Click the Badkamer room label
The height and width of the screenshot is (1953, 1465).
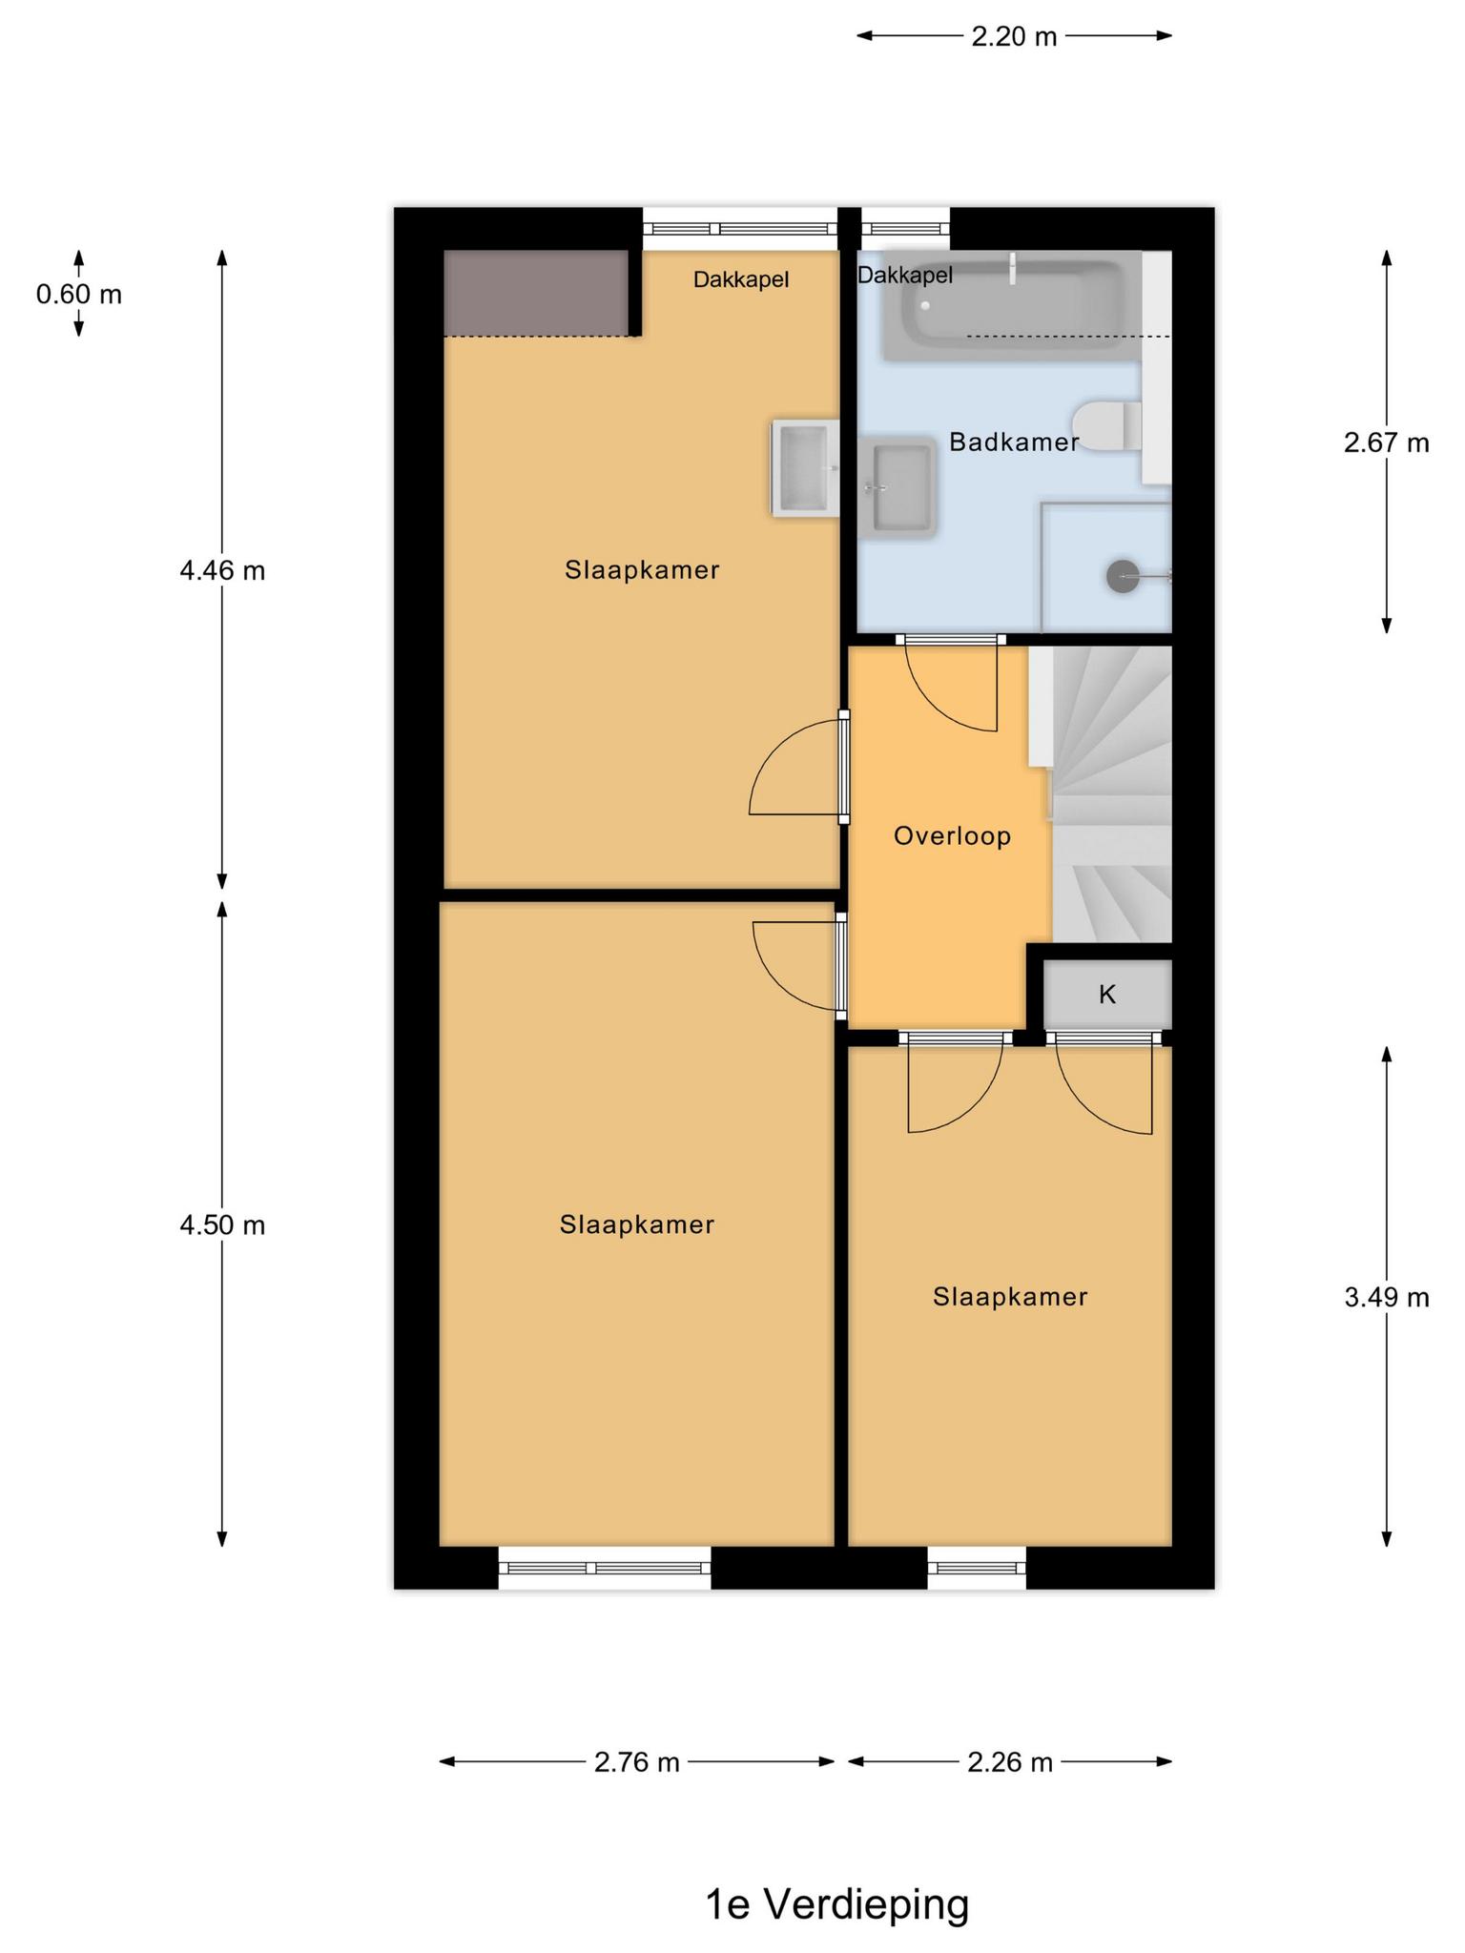(x=1014, y=442)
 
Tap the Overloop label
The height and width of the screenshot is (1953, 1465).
(x=952, y=836)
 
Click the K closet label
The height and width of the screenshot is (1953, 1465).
(x=1106, y=995)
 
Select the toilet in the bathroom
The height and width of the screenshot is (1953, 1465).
(x=1106, y=426)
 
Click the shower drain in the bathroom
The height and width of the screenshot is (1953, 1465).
(x=1123, y=576)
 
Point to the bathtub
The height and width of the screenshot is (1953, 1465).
(x=1012, y=306)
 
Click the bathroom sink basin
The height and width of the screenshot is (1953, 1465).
(x=898, y=487)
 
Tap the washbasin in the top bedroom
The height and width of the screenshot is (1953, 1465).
(x=805, y=468)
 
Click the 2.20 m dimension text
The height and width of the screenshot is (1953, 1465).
(x=1014, y=37)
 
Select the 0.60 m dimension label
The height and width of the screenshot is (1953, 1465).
(x=79, y=295)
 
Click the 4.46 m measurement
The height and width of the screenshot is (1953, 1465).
(x=222, y=570)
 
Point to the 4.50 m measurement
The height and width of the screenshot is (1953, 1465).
(x=222, y=1224)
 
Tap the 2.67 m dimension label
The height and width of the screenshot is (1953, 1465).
(x=1387, y=442)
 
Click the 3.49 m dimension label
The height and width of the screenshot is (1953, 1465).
(x=1387, y=1297)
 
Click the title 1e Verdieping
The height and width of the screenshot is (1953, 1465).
(x=836, y=1904)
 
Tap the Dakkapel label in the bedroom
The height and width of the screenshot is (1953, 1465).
(x=741, y=280)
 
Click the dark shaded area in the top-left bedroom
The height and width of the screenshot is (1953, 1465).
(x=537, y=293)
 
